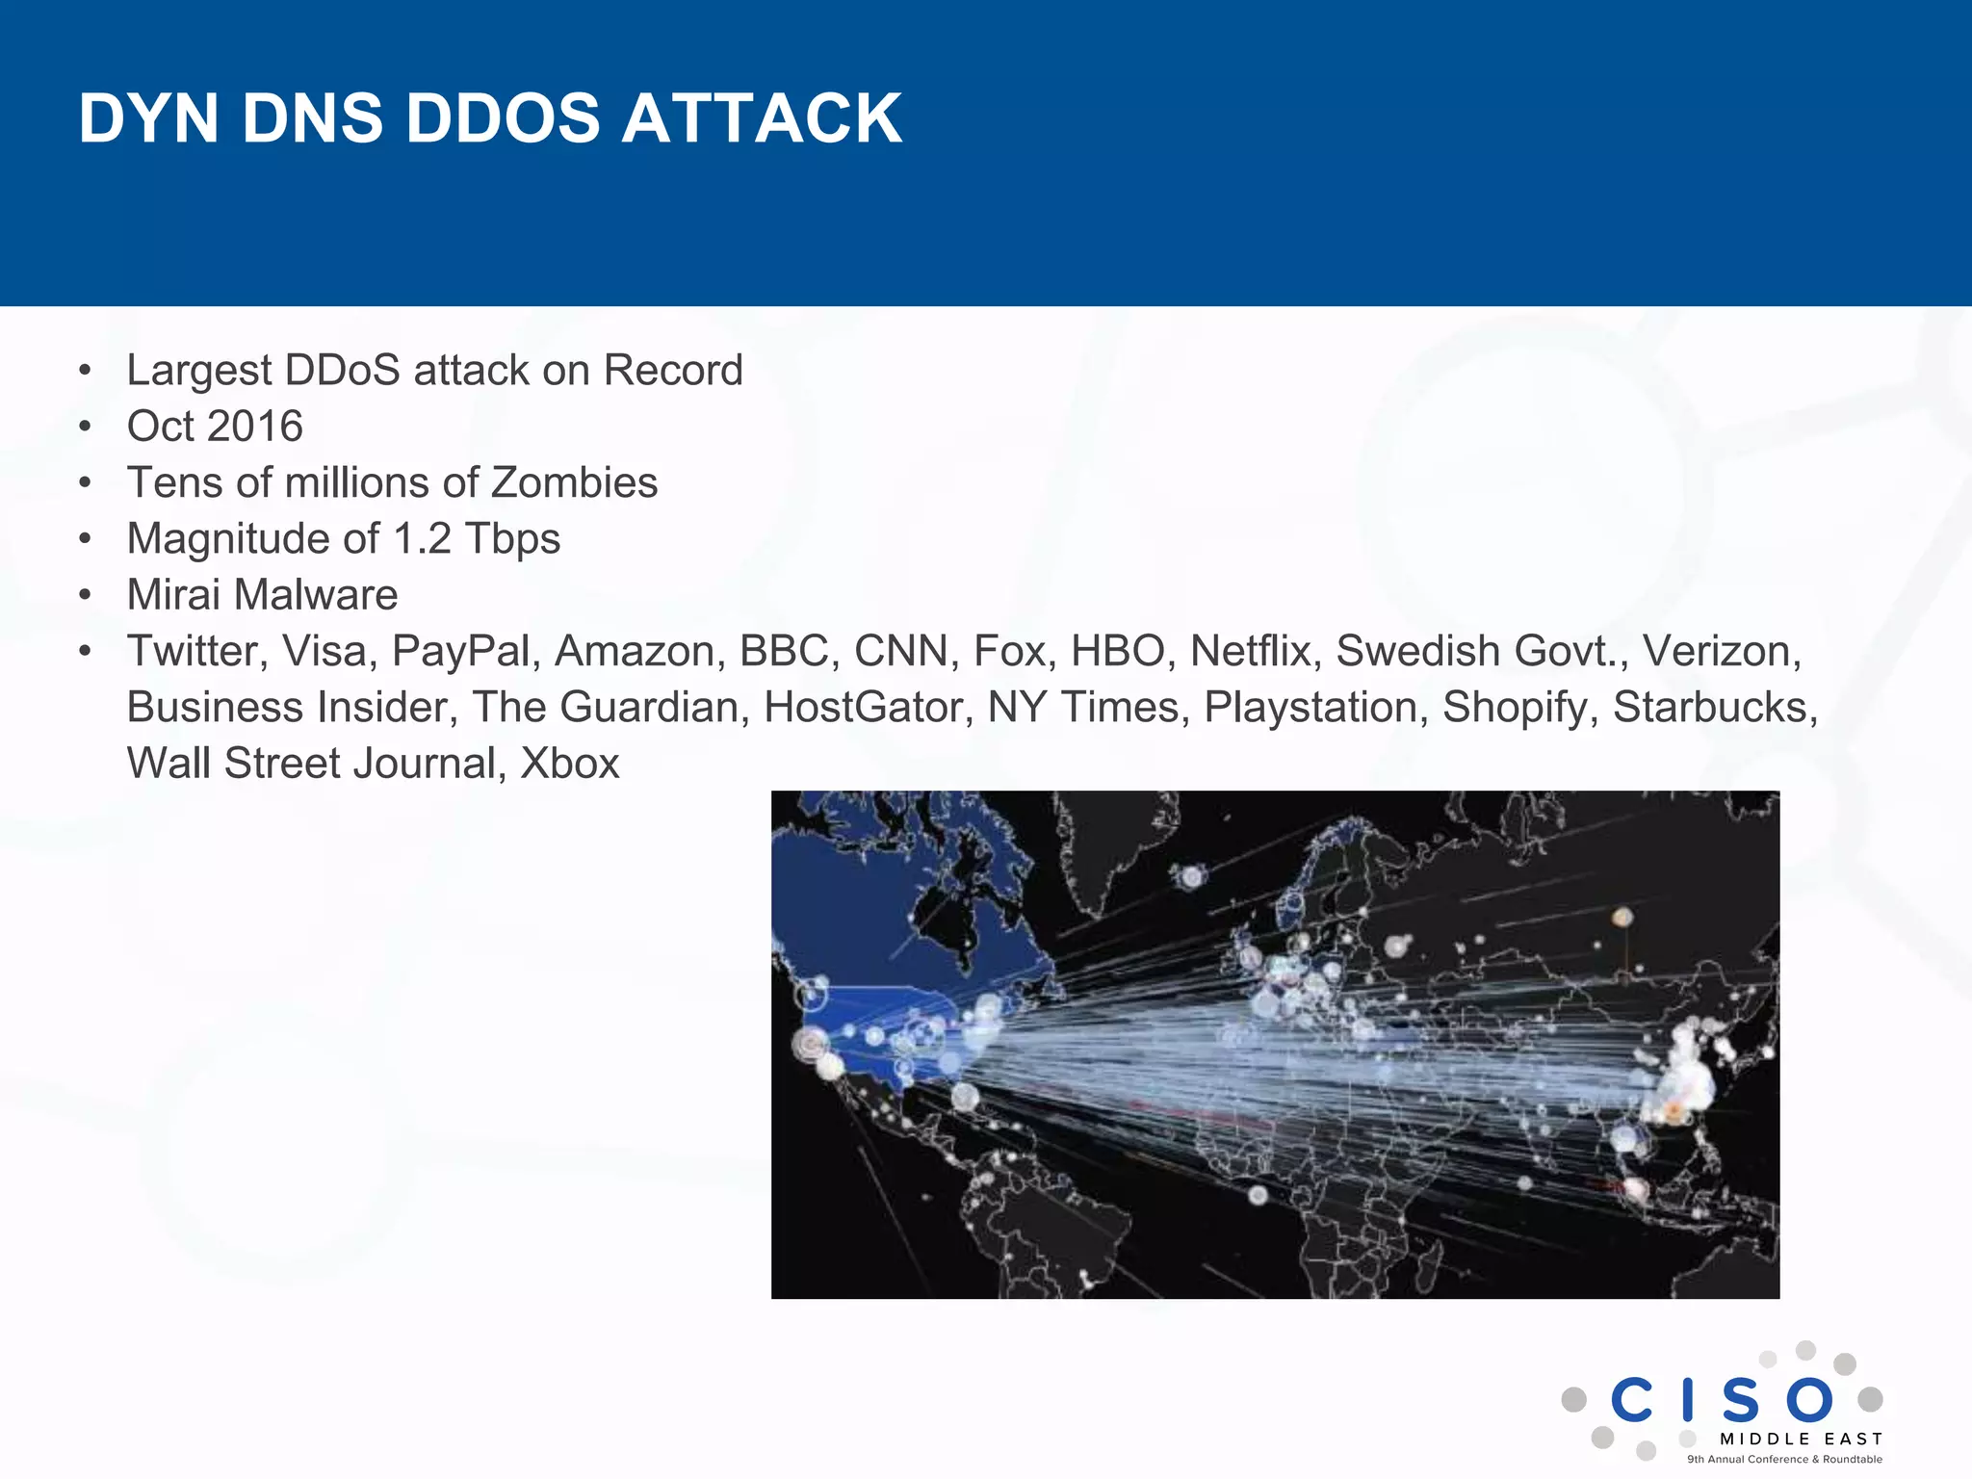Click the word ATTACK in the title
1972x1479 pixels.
pyautogui.click(x=762, y=118)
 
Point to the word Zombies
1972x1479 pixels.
pyautogui.click(x=574, y=482)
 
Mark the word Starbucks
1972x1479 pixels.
pyautogui.click(x=1715, y=708)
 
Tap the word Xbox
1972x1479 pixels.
pyautogui.click(x=570, y=764)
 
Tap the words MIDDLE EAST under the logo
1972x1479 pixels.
pyautogui.click(x=1801, y=1440)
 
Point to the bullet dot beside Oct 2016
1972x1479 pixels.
pyautogui.click(x=86, y=427)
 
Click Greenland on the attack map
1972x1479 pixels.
pyautogui.click(x=1107, y=847)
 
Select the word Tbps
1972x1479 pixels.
pyautogui.click(x=512, y=538)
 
